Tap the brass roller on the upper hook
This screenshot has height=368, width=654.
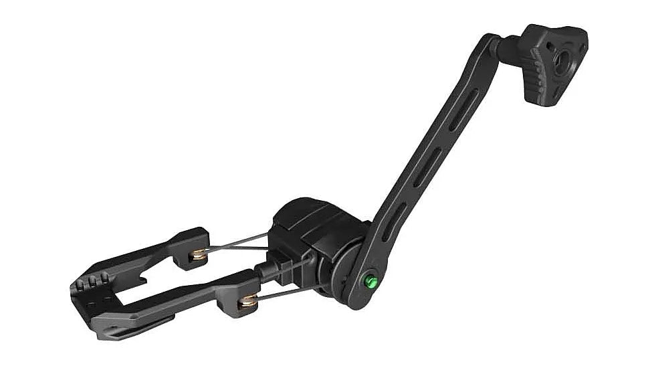tap(198, 255)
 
